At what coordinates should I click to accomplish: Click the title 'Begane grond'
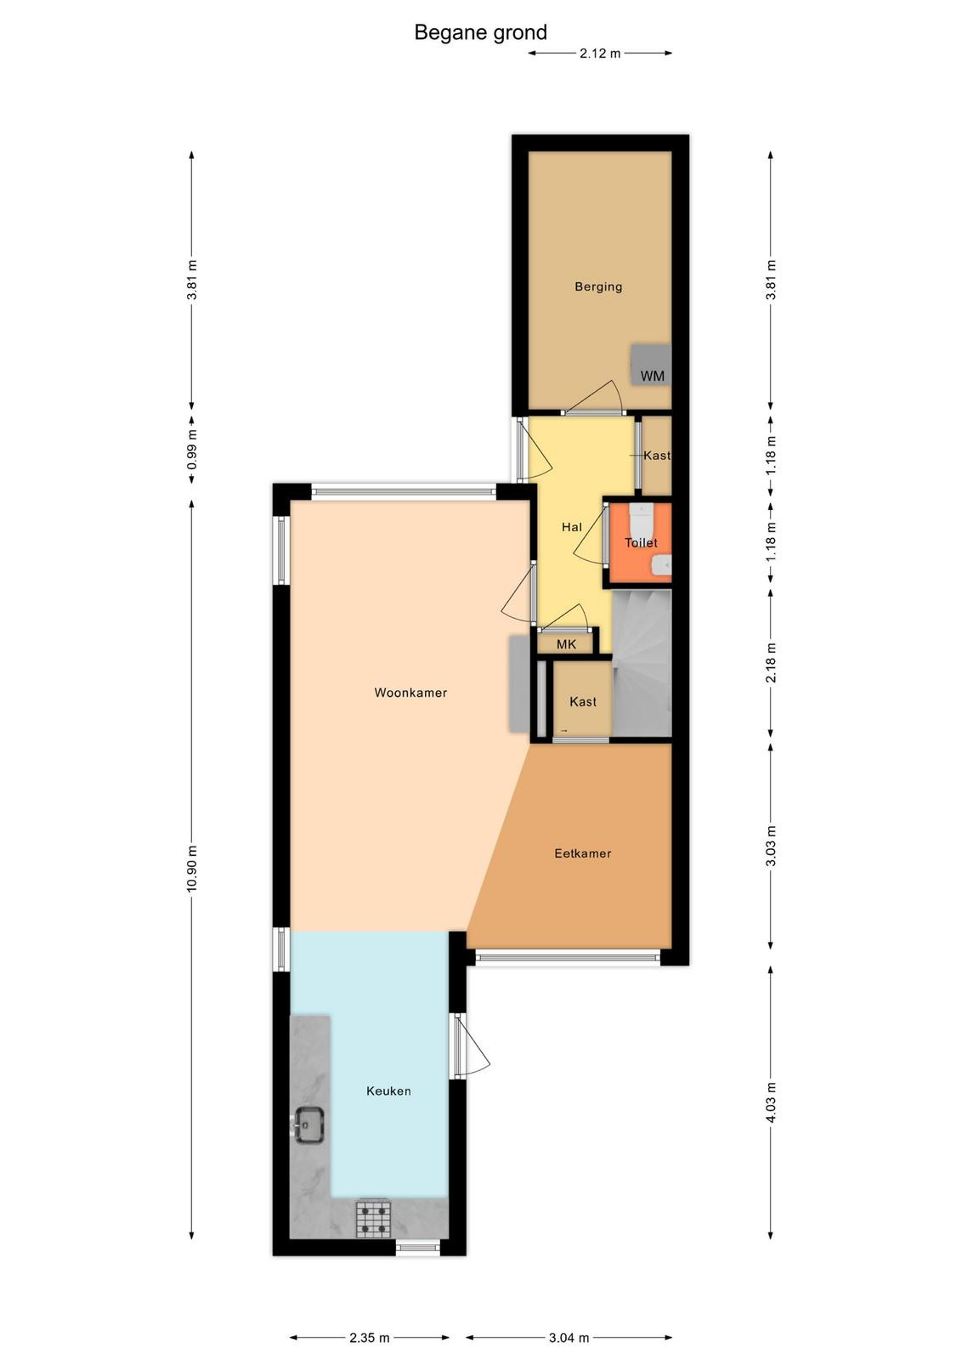tap(480, 32)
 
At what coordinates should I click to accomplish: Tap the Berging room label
tap(598, 286)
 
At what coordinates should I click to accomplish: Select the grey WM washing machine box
tap(651, 364)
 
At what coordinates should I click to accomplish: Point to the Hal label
tap(572, 527)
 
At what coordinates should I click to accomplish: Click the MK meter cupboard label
tap(566, 644)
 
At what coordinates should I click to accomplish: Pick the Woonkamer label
tap(410, 692)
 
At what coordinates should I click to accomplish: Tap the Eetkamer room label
tap(583, 853)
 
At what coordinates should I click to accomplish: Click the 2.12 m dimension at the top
tap(600, 53)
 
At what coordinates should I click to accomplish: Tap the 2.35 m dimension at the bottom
tap(369, 1337)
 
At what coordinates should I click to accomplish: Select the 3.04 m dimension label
tap(569, 1337)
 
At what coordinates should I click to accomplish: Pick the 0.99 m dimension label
tap(192, 450)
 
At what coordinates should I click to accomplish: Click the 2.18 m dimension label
tap(771, 662)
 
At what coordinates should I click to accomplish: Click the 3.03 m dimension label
tap(771, 846)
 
